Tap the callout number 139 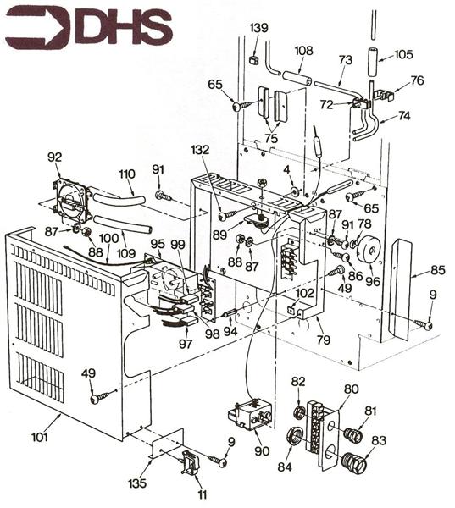[258, 28]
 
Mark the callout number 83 [377, 440]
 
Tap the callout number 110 [126, 175]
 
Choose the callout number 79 [324, 340]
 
